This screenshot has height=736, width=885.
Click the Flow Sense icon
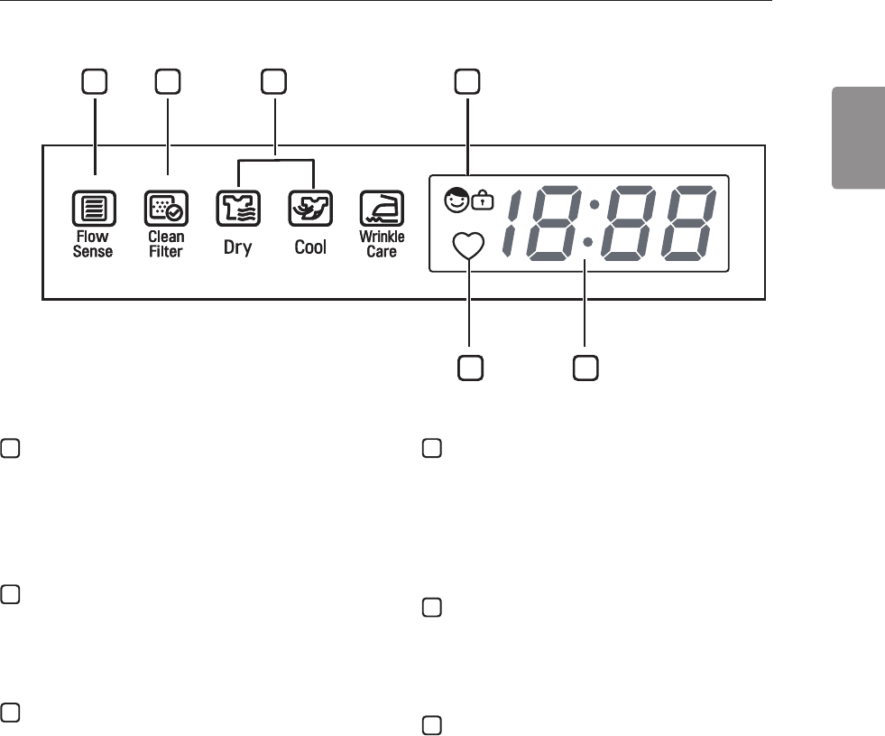coord(92,210)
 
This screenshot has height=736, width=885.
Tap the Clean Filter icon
coord(166,210)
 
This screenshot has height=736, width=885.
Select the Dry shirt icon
coord(237,210)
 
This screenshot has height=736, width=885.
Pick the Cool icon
coord(310,210)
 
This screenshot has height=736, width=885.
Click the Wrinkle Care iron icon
coord(382,210)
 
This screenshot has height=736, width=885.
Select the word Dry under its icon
coord(237,247)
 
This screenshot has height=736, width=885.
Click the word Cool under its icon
coord(310,247)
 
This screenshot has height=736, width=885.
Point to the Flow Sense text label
coord(92,245)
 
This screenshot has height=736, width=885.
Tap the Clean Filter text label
coord(166,245)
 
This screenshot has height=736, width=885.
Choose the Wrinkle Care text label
coord(382,245)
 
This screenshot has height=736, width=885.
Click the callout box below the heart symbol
coord(469,367)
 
